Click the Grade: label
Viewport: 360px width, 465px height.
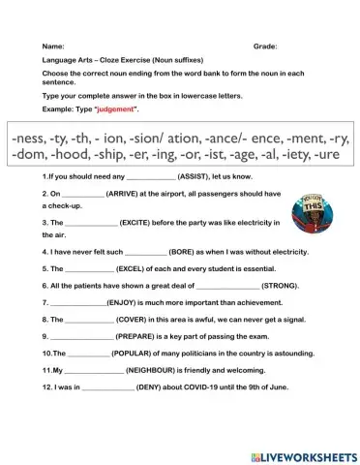pyautogui.click(x=265, y=46)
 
